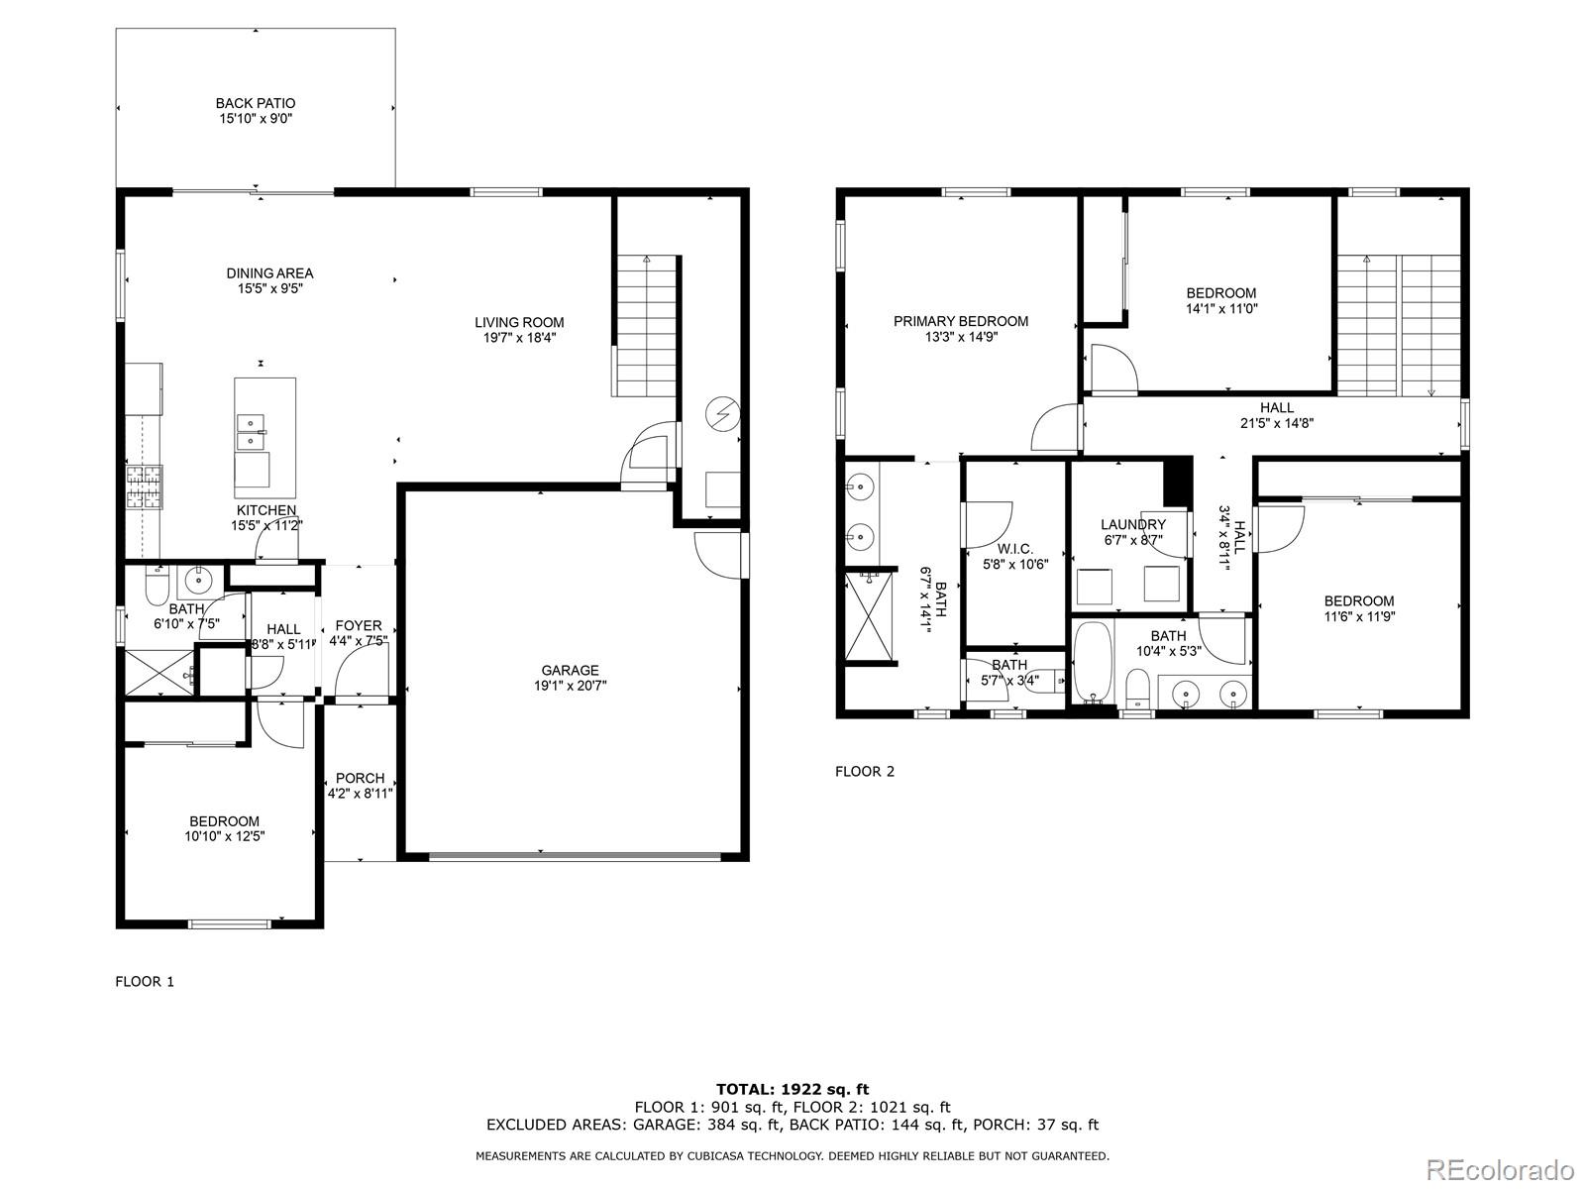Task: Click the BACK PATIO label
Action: (x=256, y=103)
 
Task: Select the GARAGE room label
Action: (x=570, y=671)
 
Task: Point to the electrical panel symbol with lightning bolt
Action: (x=722, y=413)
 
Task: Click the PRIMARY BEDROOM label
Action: (x=960, y=321)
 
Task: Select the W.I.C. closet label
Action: (x=1014, y=549)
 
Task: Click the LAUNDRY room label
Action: (x=1132, y=525)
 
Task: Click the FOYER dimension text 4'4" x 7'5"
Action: (x=359, y=641)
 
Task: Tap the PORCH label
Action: (x=360, y=778)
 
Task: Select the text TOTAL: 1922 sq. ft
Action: (x=792, y=1089)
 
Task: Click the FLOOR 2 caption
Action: (x=865, y=771)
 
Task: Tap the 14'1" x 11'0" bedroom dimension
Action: (x=1221, y=308)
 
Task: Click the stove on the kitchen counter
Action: (x=143, y=486)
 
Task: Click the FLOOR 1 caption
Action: (x=145, y=981)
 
